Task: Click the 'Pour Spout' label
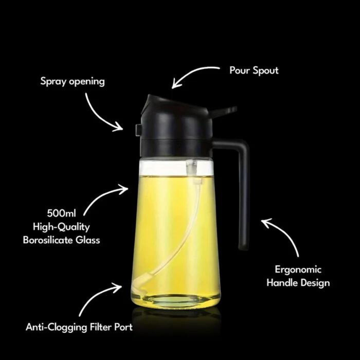coord(254,70)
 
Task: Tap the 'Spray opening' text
coord(73,82)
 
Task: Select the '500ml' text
coord(61,213)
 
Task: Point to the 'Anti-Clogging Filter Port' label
coord(79,327)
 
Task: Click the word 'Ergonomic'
coord(298,270)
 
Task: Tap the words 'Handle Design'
coord(298,283)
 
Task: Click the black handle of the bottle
coord(242,184)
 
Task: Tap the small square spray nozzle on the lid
coord(138,130)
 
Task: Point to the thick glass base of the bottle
coord(176,301)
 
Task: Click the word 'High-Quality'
coord(61,227)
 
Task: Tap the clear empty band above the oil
coord(176,168)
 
